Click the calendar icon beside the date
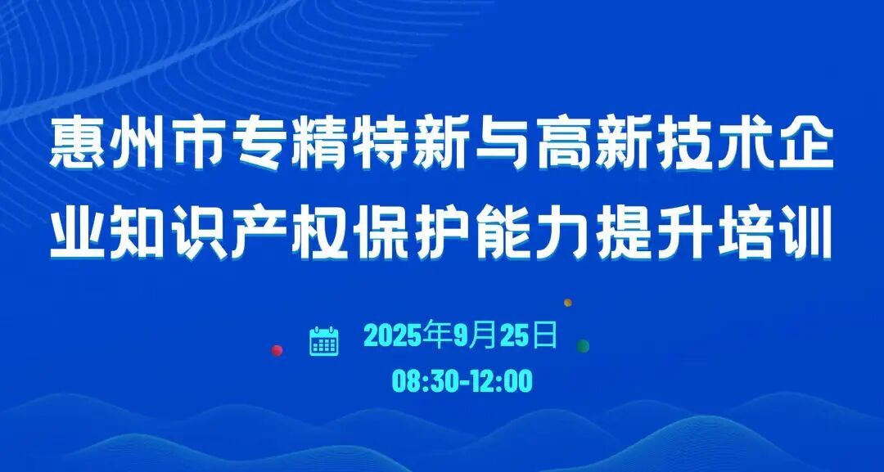(x=324, y=341)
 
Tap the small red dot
(x=277, y=350)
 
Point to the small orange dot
(x=568, y=303)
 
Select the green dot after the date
(x=583, y=346)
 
